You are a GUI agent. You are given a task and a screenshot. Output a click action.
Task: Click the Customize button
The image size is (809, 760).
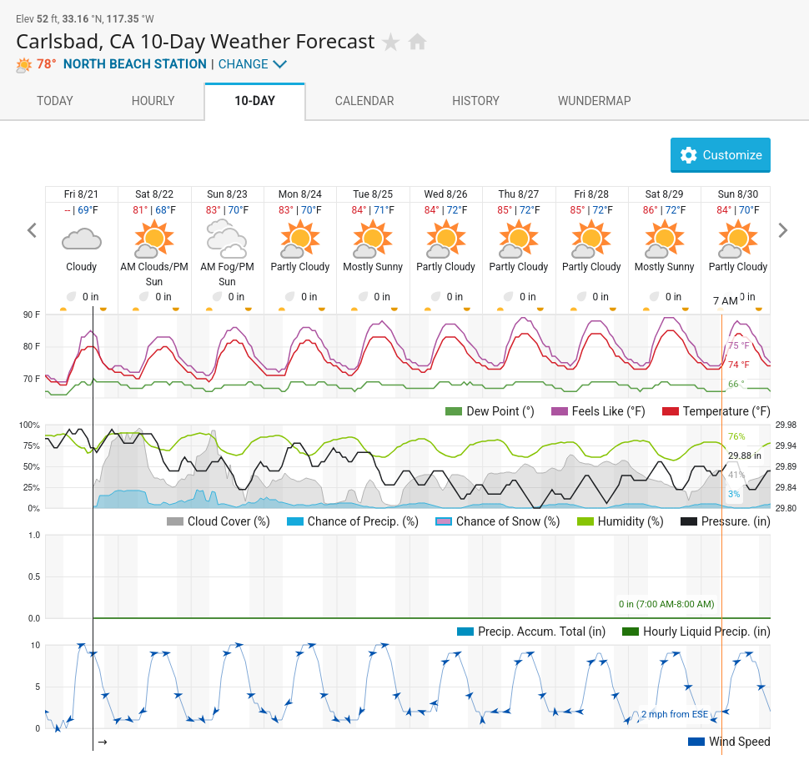point(721,155)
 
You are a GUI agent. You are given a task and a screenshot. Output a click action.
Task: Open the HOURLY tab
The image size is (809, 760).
point(153,101)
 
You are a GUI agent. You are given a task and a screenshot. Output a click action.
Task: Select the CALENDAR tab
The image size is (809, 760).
point(364,101)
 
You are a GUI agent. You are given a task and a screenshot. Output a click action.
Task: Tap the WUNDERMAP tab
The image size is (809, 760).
point(595,101)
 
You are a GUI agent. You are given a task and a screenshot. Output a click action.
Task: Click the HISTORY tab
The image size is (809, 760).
point(475,101)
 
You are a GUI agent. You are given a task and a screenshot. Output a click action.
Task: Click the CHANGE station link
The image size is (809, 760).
point(253,64)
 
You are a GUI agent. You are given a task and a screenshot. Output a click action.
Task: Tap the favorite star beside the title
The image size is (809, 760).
point(390,42)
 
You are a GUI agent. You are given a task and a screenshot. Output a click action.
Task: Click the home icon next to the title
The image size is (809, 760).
point(417,42)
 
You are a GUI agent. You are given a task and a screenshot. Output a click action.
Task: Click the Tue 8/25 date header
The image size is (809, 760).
point(373,194)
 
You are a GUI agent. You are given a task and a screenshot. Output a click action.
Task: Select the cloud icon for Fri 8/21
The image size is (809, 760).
point(82,240)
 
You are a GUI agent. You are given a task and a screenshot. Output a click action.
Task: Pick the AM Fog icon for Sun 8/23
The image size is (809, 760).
point(227,239)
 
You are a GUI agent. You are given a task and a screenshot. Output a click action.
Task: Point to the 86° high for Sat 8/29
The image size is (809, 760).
point(650,210)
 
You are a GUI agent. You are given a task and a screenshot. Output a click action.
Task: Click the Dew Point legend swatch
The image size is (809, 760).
point(454,411)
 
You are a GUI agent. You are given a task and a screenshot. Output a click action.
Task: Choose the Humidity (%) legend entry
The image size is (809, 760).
point(621,521)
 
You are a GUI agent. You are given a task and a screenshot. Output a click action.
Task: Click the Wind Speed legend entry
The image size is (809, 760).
point(729,742)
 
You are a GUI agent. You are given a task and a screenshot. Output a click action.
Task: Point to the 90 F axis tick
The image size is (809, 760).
point(32,315)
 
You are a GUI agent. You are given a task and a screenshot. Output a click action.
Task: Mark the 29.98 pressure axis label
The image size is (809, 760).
point(786,425)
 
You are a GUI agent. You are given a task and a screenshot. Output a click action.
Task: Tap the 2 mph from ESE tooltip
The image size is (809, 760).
point(675,714)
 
